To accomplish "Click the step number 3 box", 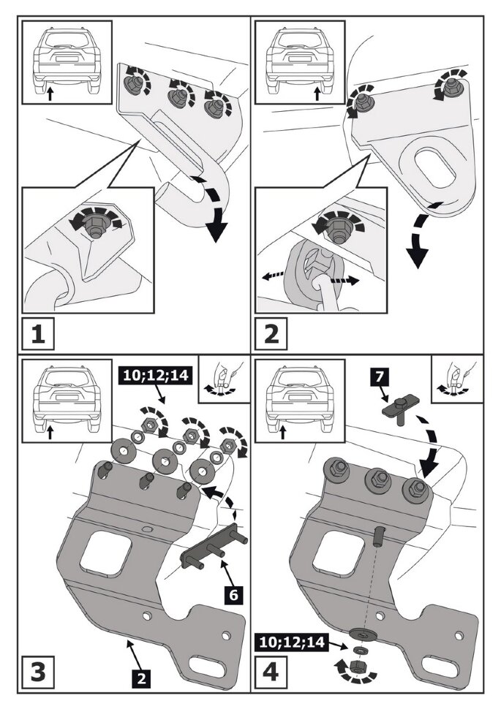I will (x=37, y=670).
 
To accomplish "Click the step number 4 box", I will (x=271, y=670).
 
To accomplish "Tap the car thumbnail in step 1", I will (x=66, y=62).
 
